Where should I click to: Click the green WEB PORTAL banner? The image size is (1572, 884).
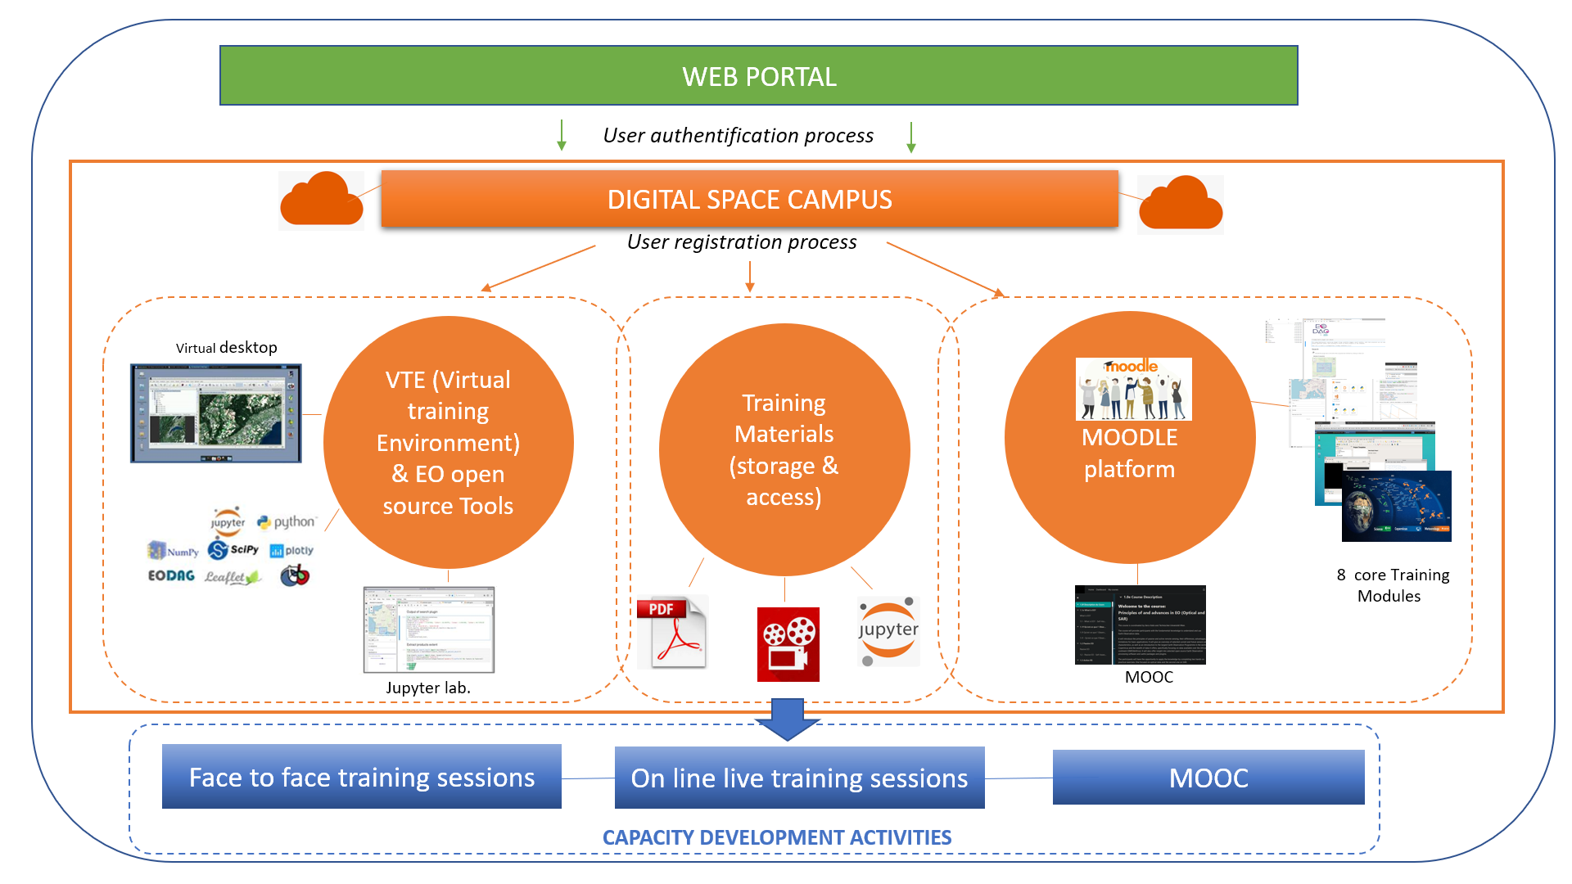pyautogui.click(x=758, y=76)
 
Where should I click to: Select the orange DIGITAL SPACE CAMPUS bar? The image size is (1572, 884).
pyautogui.click(x=749, y=199)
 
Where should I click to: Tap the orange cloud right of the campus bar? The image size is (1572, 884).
pyautogui.click(x=1181, y=205)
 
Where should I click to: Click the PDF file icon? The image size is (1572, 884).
pyautogui.click(x=671, y=632)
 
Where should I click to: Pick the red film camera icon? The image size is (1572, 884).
pyautogui.click(x=788, y=644)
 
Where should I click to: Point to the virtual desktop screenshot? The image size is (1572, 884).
pyautogui.click(x=216, y=413)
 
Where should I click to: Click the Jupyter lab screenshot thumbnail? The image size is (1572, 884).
pyautogui.click(x=428, y=629)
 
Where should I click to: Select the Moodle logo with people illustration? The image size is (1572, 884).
pyautogui.click(x=1133, y=389)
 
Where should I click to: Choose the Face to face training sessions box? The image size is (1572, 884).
pyautogui.click(x=361, y=777)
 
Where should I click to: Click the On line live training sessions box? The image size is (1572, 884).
pyautogui.click(x=799, y=778)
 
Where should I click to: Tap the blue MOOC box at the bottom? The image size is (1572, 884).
pyautogui.click(x=1208, y=778)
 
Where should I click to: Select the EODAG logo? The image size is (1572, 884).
pyautogui.click(x=171, y=575)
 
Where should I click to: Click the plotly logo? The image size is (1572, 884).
pyautogui.click(x=291, y=551)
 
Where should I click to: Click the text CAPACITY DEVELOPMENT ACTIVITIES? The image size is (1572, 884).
pyautogui.click(x=776, y=837)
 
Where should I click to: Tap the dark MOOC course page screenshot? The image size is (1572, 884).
pyautogui.click(x=1140, y=625)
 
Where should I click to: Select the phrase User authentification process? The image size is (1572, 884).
pyautogui.click(x=738, y=136)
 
